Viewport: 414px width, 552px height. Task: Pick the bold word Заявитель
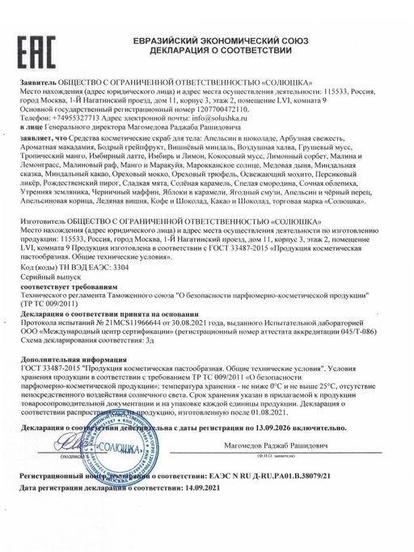pyautogui.click(x=36, y=83)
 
